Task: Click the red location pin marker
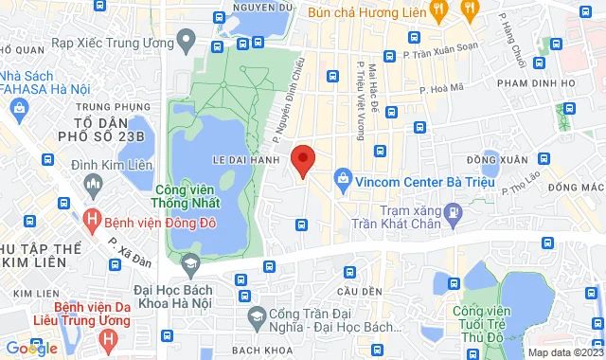pos(302,160)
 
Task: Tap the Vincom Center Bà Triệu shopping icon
pos(343,177)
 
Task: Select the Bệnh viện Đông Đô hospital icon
pos(92,223)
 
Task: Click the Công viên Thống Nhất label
pos(186,195)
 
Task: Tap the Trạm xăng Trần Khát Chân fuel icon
pos(454,210)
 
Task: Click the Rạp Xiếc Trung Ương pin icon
pos(186,42)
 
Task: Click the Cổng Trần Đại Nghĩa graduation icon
pos(255,314)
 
